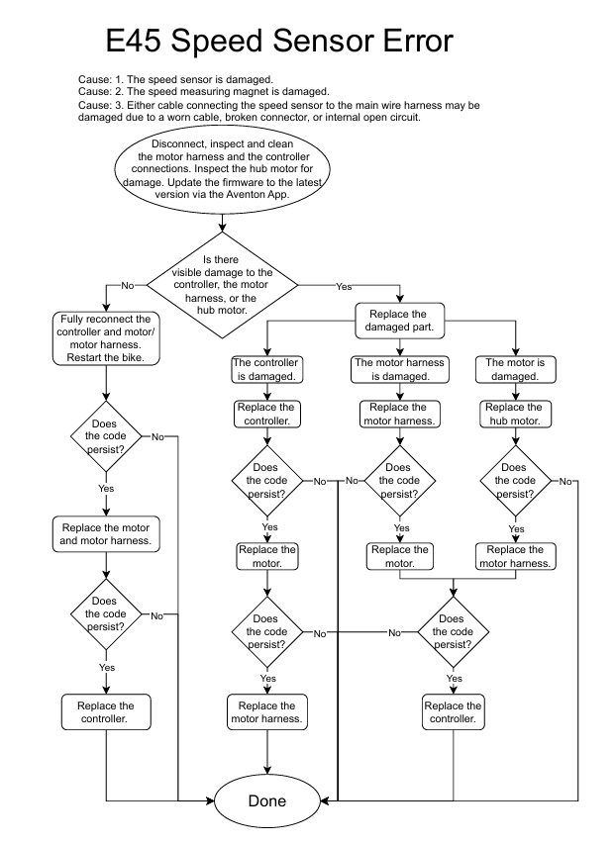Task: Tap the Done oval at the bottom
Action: coord(267,800)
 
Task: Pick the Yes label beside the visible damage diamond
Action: coord(344,286)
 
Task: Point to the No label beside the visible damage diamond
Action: coord(127,285)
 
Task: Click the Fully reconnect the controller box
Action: coord(104,338)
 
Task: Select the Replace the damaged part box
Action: coord(401,320)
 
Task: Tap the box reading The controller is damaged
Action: coord(265,369)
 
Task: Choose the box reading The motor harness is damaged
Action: coord(400,369)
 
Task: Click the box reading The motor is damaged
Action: coord(514,369)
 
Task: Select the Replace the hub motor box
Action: coord(514,414)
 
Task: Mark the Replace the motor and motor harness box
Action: coord(105,534)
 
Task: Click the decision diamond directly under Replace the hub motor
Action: coord(514,481)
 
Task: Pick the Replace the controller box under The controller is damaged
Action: coord(265,414)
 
